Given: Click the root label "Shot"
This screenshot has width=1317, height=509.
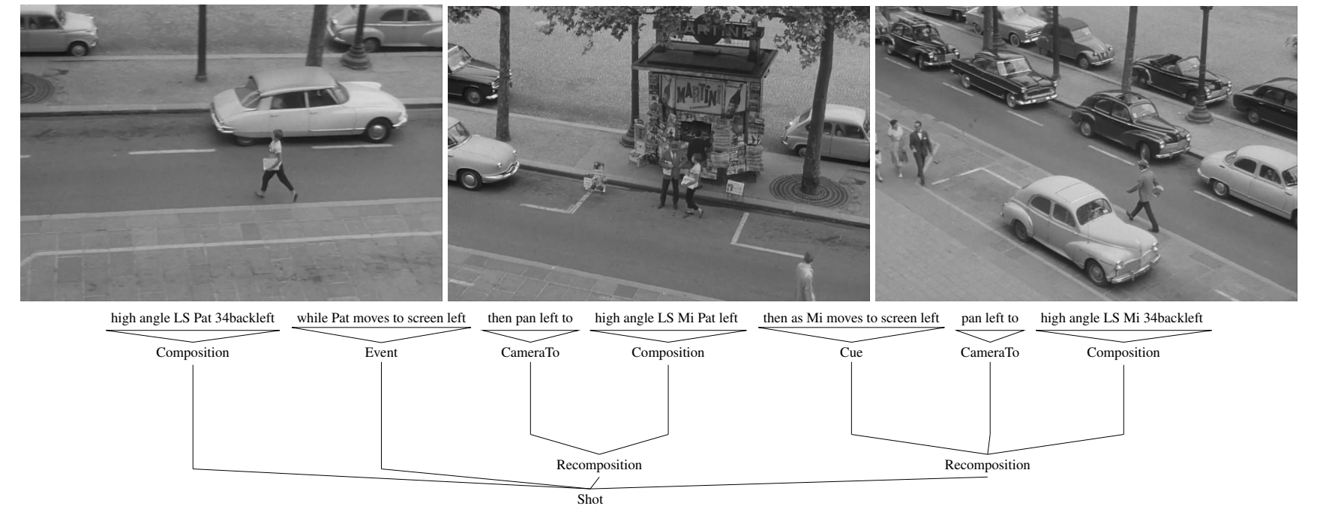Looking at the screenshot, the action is [589, 499].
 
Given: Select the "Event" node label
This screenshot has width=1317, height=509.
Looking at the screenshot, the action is [381, 352].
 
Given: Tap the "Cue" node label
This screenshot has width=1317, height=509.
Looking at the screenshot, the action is [851, 352].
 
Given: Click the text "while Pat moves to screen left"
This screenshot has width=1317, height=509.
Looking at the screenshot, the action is [381, 318].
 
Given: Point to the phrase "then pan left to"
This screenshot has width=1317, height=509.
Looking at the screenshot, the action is [530, 318].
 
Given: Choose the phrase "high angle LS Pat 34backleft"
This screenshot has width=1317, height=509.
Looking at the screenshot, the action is [193, 318].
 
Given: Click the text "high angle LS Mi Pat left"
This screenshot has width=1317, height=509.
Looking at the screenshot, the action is [667, 318].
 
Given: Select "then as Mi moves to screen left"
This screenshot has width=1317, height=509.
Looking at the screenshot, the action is [851, 318].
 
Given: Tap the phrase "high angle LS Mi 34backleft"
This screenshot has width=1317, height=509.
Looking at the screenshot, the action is [1122, 318].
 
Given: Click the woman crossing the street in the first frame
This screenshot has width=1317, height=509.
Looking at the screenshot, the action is [276, 165].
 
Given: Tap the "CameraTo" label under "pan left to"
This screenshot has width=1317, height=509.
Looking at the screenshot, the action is [990, 352].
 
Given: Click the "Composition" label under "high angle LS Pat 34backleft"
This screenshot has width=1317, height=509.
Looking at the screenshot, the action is [193, 352].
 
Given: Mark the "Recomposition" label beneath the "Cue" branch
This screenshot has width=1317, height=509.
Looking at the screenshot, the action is [987, 465].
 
